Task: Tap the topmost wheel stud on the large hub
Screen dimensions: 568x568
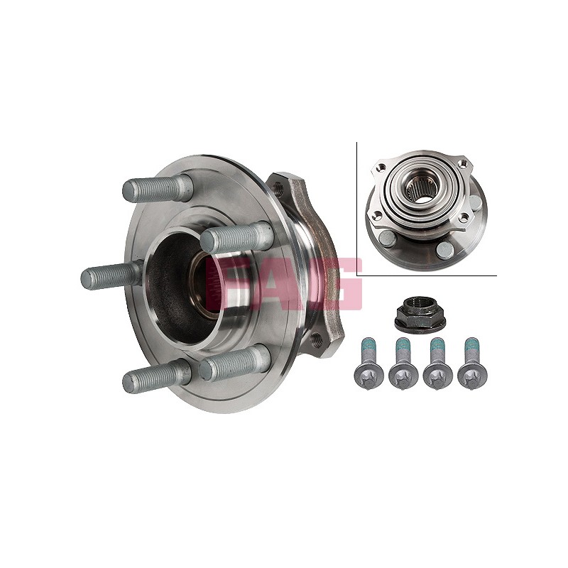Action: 157,189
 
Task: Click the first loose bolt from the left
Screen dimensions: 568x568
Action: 368,364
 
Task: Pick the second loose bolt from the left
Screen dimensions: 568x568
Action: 403,364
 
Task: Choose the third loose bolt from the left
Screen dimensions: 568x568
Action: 438,364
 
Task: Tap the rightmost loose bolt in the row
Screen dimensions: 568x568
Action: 472,364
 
